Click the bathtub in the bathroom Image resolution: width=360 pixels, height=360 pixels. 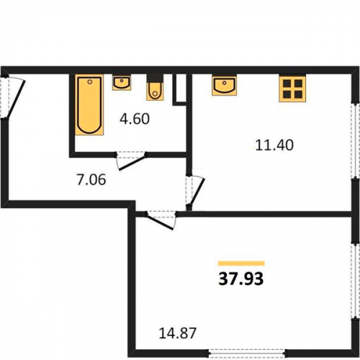(89, 104)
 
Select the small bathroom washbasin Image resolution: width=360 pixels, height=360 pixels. (122, 82)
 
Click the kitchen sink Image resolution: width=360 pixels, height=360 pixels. (224, 85)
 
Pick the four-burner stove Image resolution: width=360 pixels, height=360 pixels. (292, 88)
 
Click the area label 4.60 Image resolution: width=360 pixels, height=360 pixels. (135, 119)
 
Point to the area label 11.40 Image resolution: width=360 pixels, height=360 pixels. (274, 145)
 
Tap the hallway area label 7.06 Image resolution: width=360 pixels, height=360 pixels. (91, 180)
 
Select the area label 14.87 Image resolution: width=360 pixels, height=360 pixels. (178, 333)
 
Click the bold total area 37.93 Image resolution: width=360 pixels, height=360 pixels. (241, 279)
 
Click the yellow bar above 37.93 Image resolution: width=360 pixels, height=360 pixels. (241, 264)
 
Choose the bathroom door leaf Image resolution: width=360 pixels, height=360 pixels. (132, 163)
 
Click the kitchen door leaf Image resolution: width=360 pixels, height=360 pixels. (197, 192)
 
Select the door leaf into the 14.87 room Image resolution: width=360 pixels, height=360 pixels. (159, 222)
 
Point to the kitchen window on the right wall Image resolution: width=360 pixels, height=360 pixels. (354, 141)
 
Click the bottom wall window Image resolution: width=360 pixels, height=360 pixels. (247, 353)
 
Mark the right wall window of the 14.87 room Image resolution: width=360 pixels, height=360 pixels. (354, 281)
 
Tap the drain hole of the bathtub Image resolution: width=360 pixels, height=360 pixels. (90, 82)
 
